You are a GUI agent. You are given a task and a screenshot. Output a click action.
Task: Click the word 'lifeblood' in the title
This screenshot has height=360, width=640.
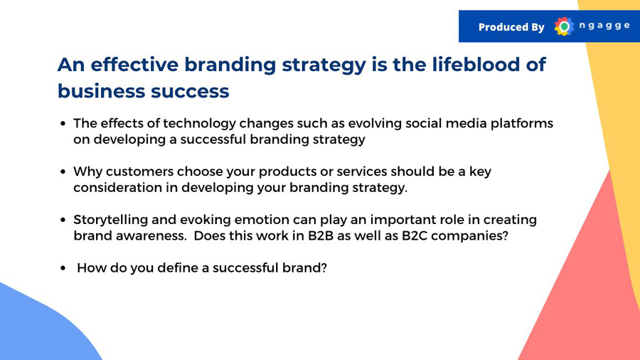click(474, 65)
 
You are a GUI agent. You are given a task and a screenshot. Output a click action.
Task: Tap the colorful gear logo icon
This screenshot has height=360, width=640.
click(564, 26)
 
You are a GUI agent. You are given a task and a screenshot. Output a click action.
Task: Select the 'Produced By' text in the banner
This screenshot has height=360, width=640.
click(511, 27)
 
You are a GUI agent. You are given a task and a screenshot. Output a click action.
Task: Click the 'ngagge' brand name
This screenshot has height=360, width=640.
click(604, 26)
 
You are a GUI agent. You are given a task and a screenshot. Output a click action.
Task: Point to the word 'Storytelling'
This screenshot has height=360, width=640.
click(110, 220)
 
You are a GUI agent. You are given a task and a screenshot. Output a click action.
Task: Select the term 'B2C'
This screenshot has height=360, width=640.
click(415, 235)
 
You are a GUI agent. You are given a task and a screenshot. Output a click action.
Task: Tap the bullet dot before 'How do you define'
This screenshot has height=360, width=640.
click(63, 268)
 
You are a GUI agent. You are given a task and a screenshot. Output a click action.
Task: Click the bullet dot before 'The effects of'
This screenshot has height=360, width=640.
click(63, 124)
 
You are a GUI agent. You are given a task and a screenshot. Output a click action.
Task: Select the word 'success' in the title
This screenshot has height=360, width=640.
click(190, 91)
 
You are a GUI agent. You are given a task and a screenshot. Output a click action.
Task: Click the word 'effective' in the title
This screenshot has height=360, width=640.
click(134, 65)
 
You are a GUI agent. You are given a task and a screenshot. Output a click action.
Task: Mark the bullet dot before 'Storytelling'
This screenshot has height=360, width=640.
click(63, 220)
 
